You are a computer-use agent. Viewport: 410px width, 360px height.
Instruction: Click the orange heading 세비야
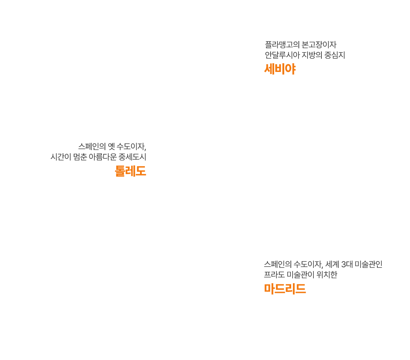pos(280,69)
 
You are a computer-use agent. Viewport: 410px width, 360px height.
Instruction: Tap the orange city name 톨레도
pos(131,171)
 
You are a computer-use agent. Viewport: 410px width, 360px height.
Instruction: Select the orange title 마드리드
pos(285,289)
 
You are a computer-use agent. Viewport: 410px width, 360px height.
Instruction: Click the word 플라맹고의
pos(282,44)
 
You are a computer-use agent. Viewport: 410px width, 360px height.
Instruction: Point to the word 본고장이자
pos(319,44)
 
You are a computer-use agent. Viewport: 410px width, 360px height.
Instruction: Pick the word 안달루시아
pos(282,55)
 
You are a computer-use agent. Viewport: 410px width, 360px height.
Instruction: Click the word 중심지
pos(335,55)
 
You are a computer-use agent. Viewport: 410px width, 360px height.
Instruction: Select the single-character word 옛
pos(112,146)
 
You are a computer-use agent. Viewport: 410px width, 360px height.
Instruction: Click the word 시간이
pos(61,157)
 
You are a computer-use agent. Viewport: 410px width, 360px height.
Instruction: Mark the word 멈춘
pos(80,157)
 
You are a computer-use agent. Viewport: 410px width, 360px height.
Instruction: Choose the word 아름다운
pos(103,157)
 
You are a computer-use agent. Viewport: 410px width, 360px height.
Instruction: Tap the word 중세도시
pos(132,157)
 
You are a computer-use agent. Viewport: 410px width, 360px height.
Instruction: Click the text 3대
pos(347,264)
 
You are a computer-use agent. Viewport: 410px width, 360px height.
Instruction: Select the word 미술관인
pos(369,264)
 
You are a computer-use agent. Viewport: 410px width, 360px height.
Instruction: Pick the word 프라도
pos(274,275)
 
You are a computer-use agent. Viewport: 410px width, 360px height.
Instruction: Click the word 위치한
pos(327,275)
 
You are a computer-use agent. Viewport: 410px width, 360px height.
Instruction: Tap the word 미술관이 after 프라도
pos(301,275)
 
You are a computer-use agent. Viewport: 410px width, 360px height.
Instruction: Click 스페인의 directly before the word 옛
pos(92,146)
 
